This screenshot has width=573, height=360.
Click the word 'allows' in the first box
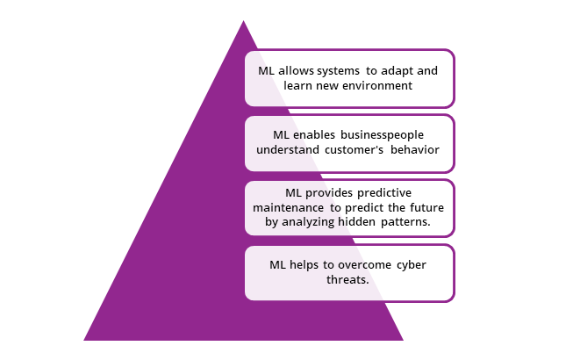(x=297, y=69)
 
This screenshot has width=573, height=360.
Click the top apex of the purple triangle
(x=243, y=20)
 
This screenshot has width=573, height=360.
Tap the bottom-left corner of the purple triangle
(x=84, y=340)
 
